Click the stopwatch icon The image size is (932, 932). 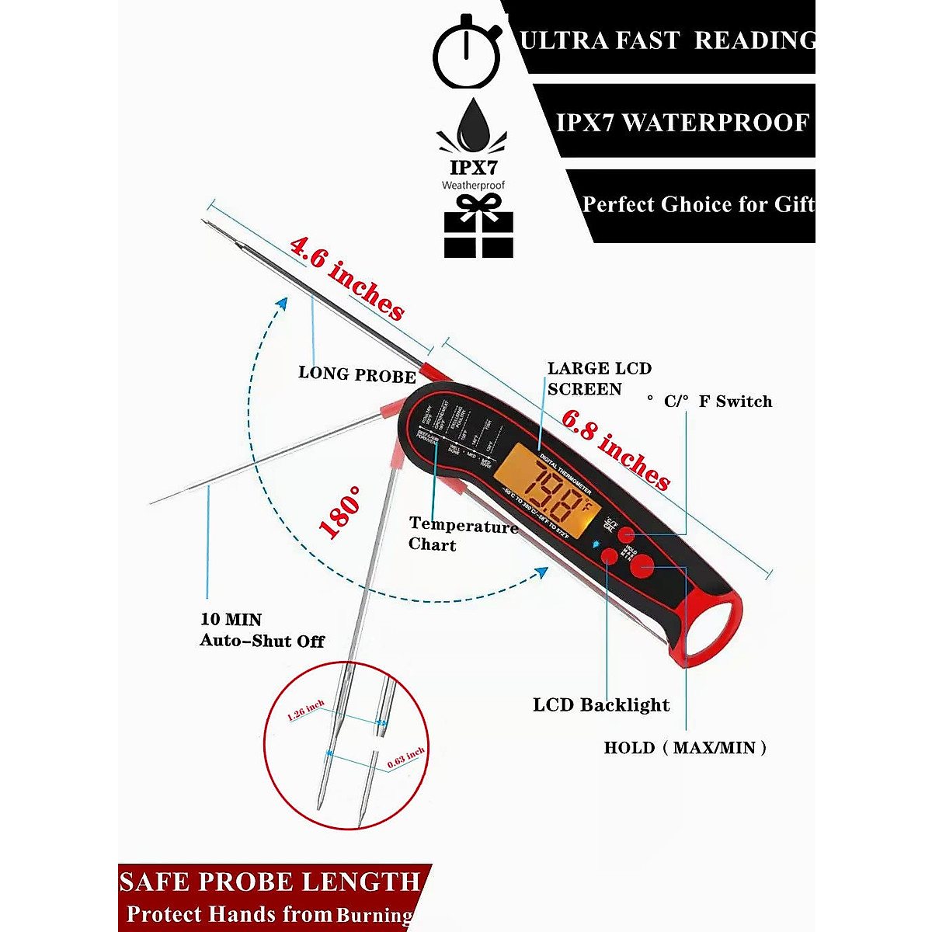pos(466,53)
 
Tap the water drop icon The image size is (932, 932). pos(472,127)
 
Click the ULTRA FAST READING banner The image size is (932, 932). pos(666,40)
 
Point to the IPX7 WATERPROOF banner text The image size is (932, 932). pos(682,123)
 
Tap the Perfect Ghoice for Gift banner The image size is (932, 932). pos(697,204)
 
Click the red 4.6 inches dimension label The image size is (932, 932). pos(347,279)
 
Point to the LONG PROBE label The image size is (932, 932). pos(357,375)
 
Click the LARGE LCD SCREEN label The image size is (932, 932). pos(599,378)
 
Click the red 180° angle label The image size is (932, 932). pos(340,513)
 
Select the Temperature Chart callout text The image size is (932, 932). pos(463,535)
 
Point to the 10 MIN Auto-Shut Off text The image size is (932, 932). pos(262,630)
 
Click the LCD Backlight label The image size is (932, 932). pos(600,705)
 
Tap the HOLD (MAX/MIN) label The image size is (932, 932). pos(685,748)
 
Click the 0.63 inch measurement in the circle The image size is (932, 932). pos(405,758)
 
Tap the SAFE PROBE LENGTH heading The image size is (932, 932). pos(270,882)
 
